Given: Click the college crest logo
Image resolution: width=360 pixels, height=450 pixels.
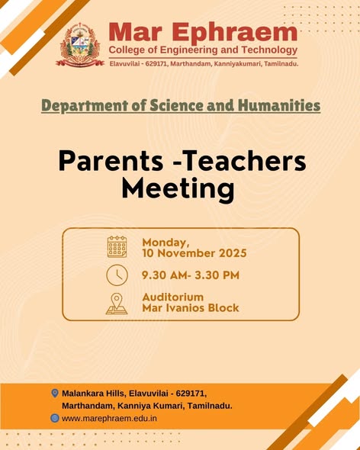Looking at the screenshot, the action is [x=80, y=45].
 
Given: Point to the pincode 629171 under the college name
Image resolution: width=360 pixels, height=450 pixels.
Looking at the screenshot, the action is [x=156, y=64].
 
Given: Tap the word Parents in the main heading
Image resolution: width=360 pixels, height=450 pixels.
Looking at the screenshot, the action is [x=111, y=162].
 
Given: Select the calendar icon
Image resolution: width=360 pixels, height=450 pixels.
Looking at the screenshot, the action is [x=117, y=247].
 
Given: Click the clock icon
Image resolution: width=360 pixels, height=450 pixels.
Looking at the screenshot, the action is [x=117, y=275].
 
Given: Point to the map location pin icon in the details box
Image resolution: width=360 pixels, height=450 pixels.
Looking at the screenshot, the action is [x=117, y=304].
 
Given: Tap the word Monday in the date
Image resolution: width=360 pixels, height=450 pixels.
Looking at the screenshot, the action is [x=166, y=243].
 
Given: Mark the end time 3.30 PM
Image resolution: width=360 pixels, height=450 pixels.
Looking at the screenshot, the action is [x=217, y=275].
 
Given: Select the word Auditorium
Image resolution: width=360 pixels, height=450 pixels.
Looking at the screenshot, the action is [x=173, y=297].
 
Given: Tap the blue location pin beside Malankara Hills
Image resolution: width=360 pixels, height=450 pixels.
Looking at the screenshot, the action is [x=55, y=393].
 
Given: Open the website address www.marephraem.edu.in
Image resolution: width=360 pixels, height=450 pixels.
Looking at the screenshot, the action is [x=109, y=419].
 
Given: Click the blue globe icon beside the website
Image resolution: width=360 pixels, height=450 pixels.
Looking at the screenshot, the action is [x=55, y=418].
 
